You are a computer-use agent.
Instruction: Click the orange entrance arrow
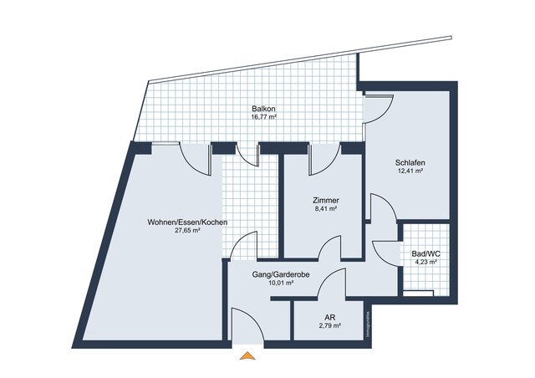click(x=246, y=357)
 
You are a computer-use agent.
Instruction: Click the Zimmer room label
click(x=325, y=201)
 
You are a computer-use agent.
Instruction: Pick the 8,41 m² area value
click(x=325, y=210)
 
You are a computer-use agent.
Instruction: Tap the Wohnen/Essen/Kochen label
click(x=187, y=222)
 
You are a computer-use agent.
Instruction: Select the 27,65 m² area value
click(x=187, y=231)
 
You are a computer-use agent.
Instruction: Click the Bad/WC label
click(x=425, y=253)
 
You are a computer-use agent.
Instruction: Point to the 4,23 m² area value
click(x=425, y=263)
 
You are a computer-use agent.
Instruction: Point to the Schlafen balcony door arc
click(x=378, y=105)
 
